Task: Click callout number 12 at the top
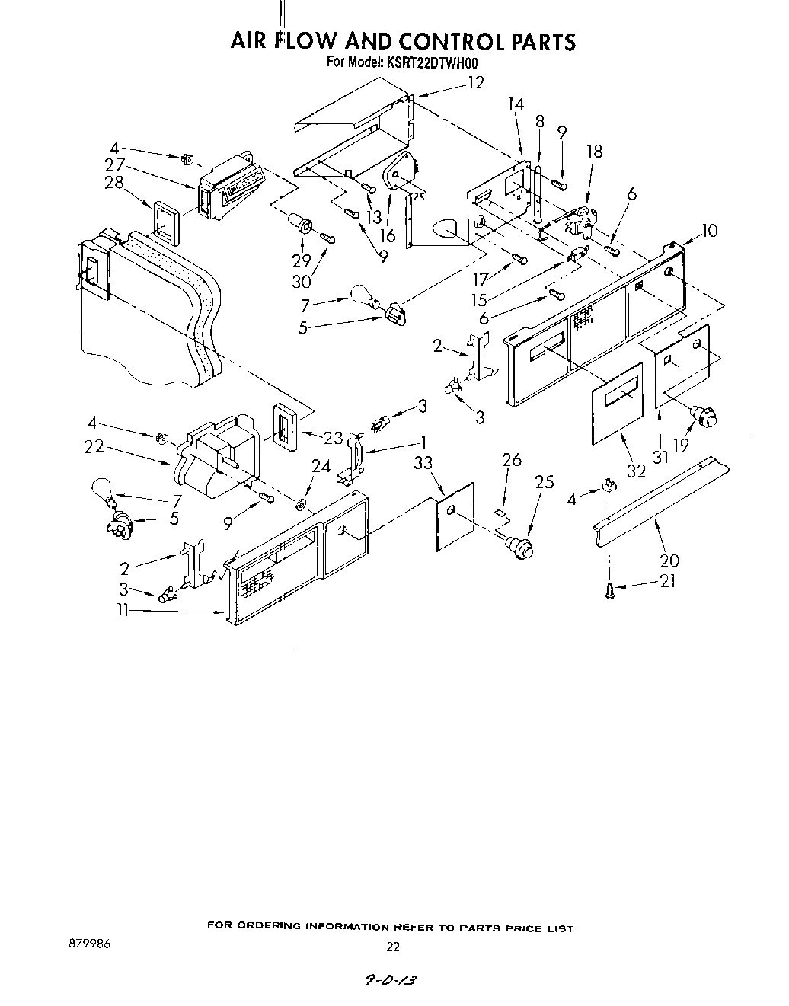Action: tap(475, 83)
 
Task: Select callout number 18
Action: tap(594, 152)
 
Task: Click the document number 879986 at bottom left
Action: tap(89, 944)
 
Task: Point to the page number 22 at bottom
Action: tap(393, 947)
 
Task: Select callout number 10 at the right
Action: tap(709, 230)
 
